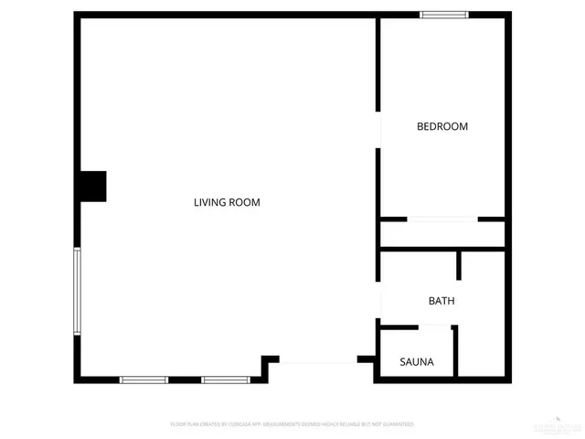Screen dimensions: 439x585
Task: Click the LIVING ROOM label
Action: (227, 202)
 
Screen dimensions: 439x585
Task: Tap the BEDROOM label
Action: (442, 126)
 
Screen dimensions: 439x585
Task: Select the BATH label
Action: (441, 301)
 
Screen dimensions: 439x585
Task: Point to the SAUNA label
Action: (417, 362)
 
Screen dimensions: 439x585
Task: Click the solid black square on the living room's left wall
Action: (91, 187)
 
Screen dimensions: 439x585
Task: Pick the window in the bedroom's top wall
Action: (444, 15)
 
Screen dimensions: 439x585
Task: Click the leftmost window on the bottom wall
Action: (144, 380)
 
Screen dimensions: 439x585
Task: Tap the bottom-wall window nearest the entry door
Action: (226, 380)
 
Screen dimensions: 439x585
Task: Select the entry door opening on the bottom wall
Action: (318, 363)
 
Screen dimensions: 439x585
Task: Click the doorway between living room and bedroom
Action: (378, 130)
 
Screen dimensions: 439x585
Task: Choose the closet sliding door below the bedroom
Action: (442, 219)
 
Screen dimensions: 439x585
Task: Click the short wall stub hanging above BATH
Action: (459, 264)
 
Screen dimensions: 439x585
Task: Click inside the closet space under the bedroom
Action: (442, 234)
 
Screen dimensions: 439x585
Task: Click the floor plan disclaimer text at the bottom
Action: (292, 424)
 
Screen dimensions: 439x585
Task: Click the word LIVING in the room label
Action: (210, 202)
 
